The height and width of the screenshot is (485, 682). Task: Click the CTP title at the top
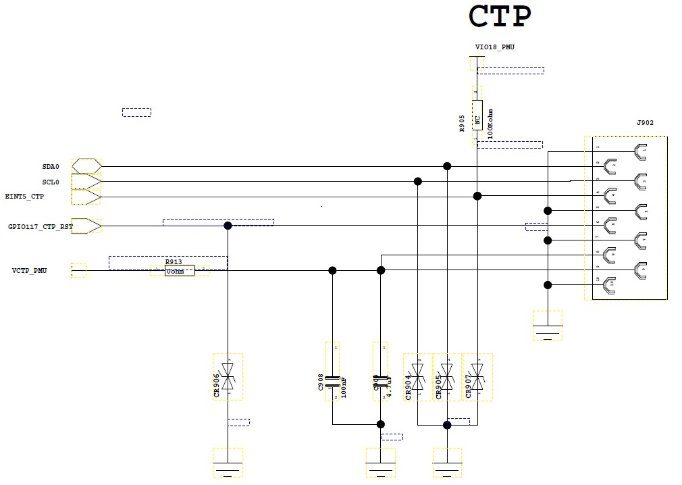point(500,17)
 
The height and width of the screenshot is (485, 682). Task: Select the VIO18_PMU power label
point(495,47)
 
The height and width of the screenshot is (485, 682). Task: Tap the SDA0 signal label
point(51,166)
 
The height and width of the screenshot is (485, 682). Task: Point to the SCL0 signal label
point(51,182)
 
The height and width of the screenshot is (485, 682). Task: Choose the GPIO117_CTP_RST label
point(40,226)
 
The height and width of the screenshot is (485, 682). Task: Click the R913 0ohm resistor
point(180,271)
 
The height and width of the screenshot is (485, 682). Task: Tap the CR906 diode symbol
point(228,375)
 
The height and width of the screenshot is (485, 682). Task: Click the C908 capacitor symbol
point(332,382)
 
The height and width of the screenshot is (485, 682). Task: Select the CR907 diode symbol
point(477,377)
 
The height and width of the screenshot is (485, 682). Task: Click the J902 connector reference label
point(645,123)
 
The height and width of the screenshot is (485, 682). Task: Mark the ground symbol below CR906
point(228,465)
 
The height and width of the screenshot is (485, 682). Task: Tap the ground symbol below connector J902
point(548,328)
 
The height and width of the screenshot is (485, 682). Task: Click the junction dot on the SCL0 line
point(418,181)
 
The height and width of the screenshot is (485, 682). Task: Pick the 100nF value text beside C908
point(344,387)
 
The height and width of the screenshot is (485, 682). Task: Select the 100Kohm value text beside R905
point(490,124)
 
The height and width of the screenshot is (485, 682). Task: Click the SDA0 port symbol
point(86,166)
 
